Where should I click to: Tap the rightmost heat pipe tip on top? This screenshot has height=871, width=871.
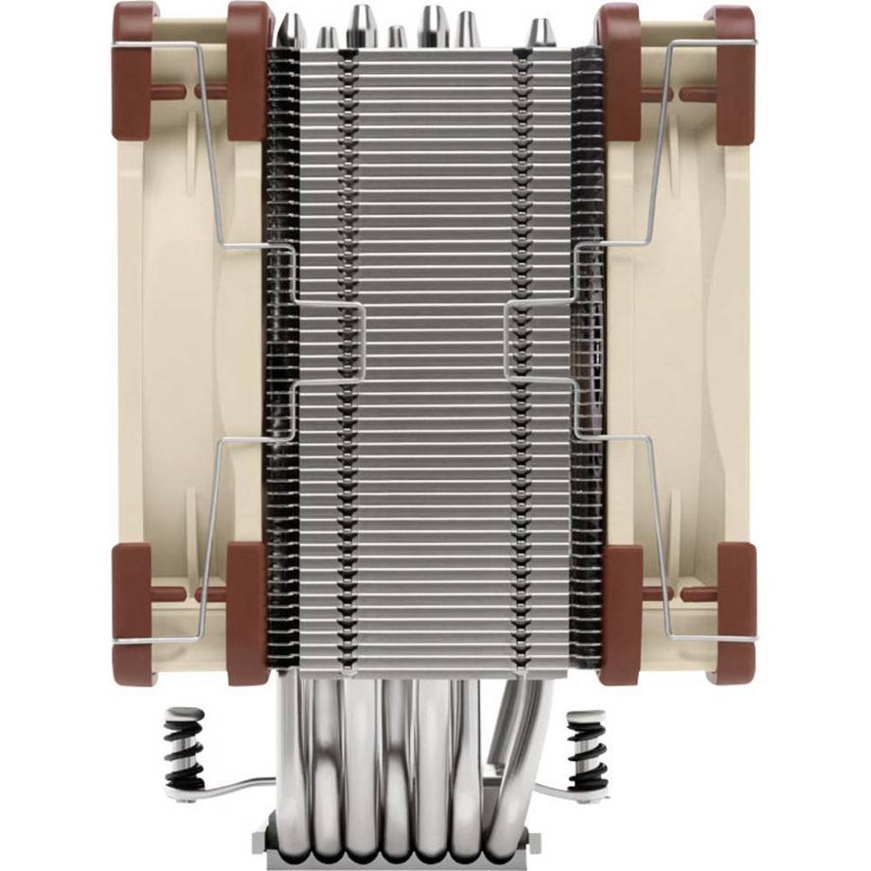click(539, 31)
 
